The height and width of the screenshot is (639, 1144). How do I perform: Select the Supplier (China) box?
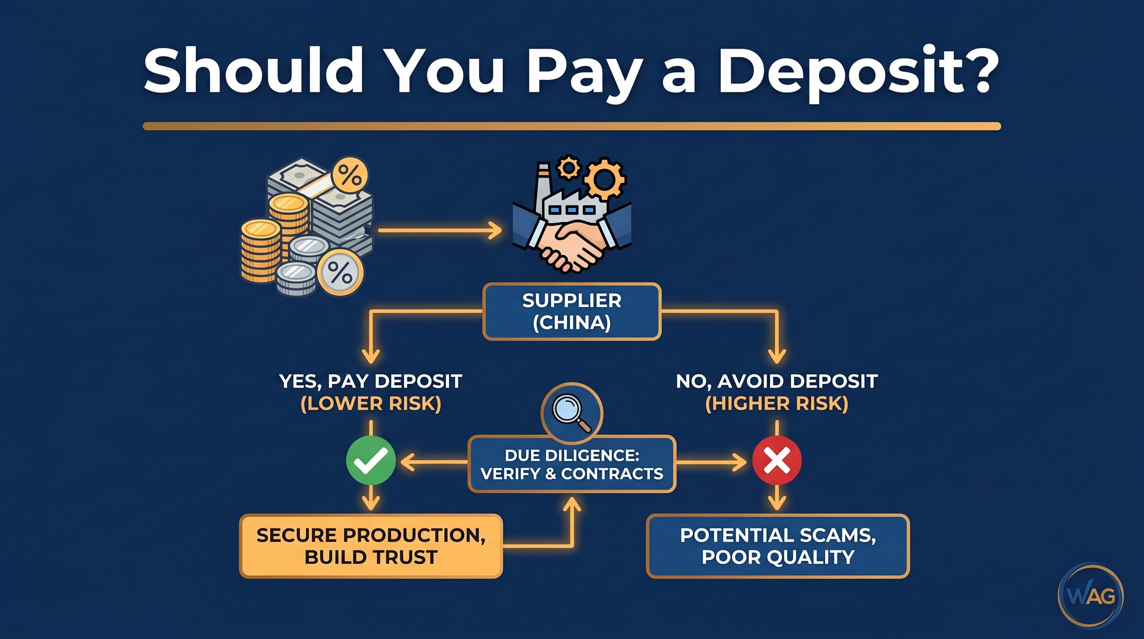pos(572,312)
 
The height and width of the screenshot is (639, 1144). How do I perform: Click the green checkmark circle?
pos(371,461)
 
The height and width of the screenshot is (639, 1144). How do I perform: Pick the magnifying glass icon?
pos(572,413)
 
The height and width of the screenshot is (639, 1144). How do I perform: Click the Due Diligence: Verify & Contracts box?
pos(572,464)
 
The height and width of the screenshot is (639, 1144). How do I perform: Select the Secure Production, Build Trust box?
pos(371,546)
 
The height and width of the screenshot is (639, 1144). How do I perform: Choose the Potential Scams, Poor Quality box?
pos(778,546)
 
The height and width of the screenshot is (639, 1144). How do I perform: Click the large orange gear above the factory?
pos(605,178)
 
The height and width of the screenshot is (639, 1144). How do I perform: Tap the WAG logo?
pos(1091,595)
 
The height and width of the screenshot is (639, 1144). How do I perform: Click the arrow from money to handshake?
pos(440,230)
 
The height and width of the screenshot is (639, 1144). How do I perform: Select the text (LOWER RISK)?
pos(371,404)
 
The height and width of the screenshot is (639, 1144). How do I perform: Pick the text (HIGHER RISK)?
pos(777,404)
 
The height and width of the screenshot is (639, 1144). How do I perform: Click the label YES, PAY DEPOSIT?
pos(371,381)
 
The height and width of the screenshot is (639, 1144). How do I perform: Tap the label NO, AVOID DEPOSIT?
pos(777,381)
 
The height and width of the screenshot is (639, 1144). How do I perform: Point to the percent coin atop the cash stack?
pos(350,175)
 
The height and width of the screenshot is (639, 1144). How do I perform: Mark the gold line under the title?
pos(572,126)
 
